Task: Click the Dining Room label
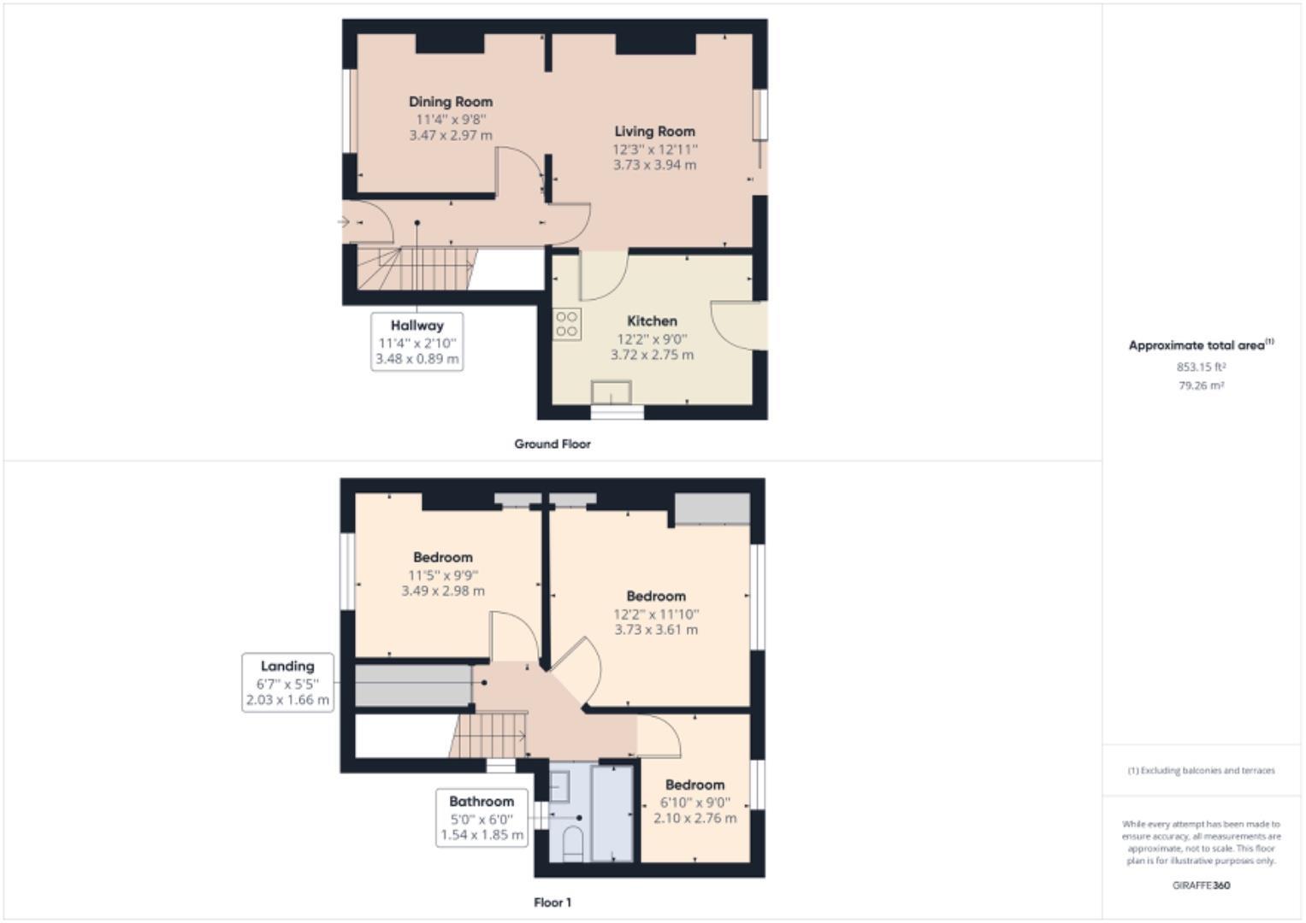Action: (x=450, y=102)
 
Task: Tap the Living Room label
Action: (x=654, y=132)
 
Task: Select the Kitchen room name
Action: (x=652, y=321)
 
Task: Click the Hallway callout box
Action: (x=417, y=342)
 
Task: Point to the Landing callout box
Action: (x=287, y=682)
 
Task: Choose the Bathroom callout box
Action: (x=482, y=818)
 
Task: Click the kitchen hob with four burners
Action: (x=567, y=325)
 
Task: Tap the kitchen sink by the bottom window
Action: (x=612, y=392)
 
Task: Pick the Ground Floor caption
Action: (x=553, y=444)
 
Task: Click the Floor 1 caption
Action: (x=553, y=902)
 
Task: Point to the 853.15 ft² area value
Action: (x=1201, y=367)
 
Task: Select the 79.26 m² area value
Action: (x=1201, y=386)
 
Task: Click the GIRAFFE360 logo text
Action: (x=1201, y=885)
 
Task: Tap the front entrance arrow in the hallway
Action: (x=344, y=222)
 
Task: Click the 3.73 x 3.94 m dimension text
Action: (x=654, y=165)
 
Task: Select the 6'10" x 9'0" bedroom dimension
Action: (x=694, y=802)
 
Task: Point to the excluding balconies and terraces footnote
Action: (x=1201, y=771)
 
